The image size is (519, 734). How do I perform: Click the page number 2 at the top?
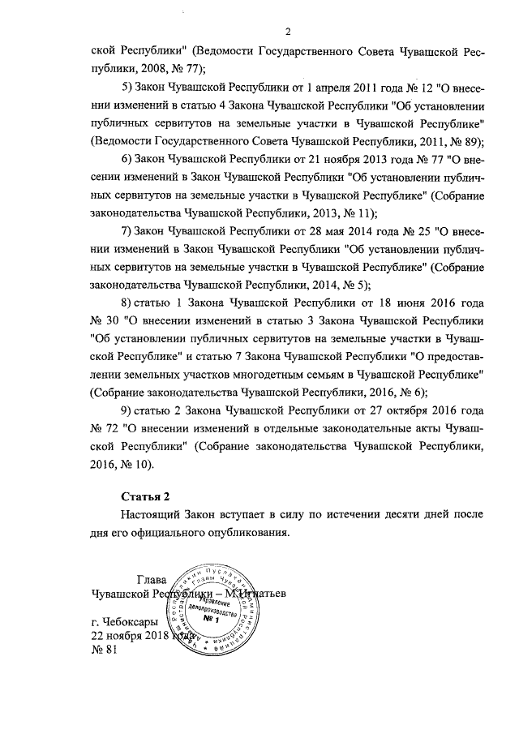(288, 32)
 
